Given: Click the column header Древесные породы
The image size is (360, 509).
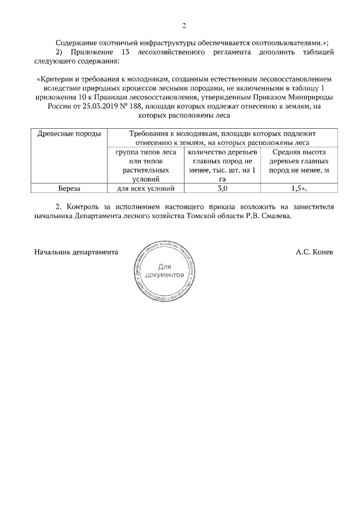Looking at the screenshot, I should click(69, 134).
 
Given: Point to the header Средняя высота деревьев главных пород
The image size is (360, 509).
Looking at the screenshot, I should click(299, 161).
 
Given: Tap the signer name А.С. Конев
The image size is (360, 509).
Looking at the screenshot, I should click(314, 252).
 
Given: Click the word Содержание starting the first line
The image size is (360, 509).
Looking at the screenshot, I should click(79, 43).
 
